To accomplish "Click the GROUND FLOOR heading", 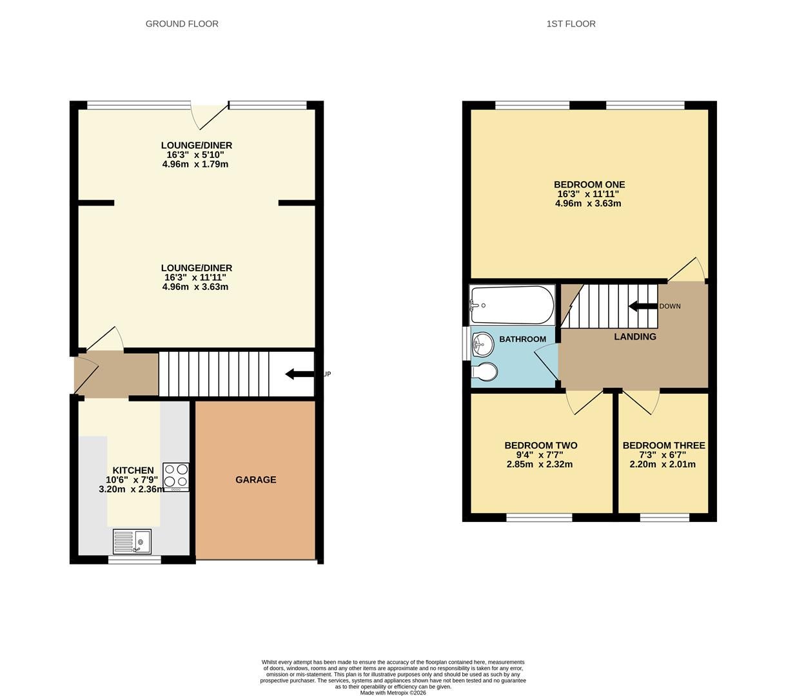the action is (x=182, y=24).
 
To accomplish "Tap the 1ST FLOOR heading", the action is (x=571, y=24).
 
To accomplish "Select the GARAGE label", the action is (x=256, y=479).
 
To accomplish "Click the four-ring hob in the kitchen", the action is (x=176, y=477).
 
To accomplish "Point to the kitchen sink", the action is (x=132, y=541).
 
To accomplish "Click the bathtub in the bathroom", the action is (x=512, y=305).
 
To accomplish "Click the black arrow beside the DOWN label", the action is (x=643, y=306).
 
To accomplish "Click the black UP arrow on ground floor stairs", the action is (x=299, y=374).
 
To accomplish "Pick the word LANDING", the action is (x=635, y=336).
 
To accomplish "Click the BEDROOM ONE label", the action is (x=589, y=184).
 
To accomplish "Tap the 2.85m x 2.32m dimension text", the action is (x=540, y=465).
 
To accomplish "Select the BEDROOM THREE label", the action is (x=663, y=445).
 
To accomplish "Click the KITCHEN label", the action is (x=133, y=470).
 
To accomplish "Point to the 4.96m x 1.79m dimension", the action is (x=195, y=164).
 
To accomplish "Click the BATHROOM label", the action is (x=522, y=339).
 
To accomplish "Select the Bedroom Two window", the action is (x=539, y=517).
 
